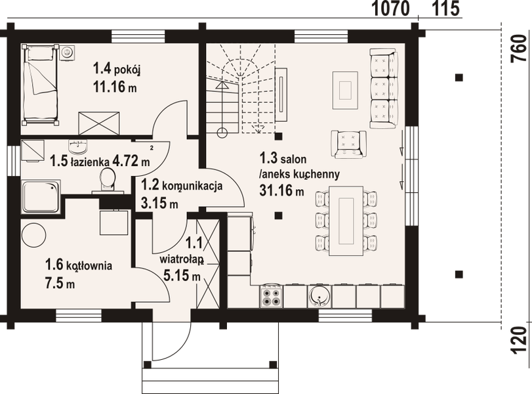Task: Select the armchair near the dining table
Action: click(348, 144)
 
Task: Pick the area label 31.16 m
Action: click(282, 191)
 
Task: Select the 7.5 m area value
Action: click(60, 284)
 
